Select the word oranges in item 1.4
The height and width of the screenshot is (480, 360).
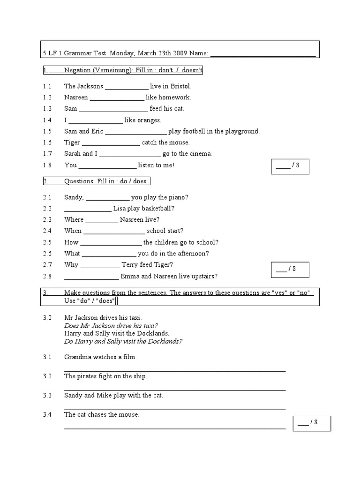click(x=149, y=120)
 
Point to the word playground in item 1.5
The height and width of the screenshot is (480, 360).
click(x=238, y=132)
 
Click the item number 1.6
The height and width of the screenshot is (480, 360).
click(x=47, y=142)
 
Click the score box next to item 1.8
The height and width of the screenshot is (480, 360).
click(x=290, y=166)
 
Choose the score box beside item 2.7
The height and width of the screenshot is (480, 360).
click(x=290, y=270)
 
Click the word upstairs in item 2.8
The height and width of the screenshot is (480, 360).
click(x=203, y=277)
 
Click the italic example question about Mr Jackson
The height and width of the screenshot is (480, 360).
click(x=111, y=326)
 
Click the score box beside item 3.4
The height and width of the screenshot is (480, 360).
click(x=312, y=423)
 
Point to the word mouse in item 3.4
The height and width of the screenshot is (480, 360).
click(x=129, y=415)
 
